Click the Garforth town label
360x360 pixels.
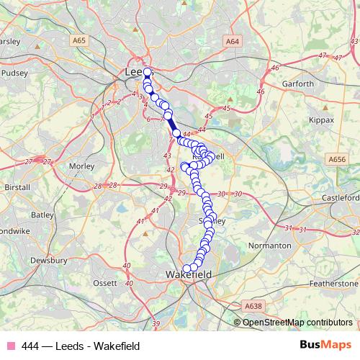point(298,84)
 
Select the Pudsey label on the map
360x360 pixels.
point(14,73)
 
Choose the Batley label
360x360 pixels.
point(42,215)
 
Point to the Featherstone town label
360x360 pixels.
point(333,284)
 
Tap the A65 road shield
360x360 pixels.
point(78,42)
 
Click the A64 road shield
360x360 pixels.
point(232,42)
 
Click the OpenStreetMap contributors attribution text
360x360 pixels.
point(297,322)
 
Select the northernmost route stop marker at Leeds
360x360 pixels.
point(147,72)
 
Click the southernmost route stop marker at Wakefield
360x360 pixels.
point(187,269)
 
